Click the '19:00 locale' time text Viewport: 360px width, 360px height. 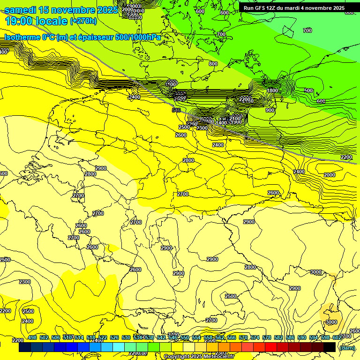(x=36, y=21)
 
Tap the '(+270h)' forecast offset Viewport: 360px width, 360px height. (x=83, y=21)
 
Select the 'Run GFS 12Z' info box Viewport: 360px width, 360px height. (x=294, y=8)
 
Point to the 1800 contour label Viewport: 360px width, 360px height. (x=272, y=90)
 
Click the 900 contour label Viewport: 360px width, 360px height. (x=270, y=110)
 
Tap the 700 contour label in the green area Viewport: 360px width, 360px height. (x=307, y=30)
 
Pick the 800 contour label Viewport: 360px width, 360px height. (x=213, y=64)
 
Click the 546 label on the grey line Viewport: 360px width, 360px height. (x=176, y=110)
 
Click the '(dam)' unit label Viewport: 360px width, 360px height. (x=347, y=347)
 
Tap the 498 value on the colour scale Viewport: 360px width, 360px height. (x=32, y=337)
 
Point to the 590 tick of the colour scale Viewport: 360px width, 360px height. (x=302, y=337)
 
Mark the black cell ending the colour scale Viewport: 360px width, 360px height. (x=330, y=347)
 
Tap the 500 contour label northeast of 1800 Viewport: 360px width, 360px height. (x=308, y=90)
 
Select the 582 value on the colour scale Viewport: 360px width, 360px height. (x=278, y=337)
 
